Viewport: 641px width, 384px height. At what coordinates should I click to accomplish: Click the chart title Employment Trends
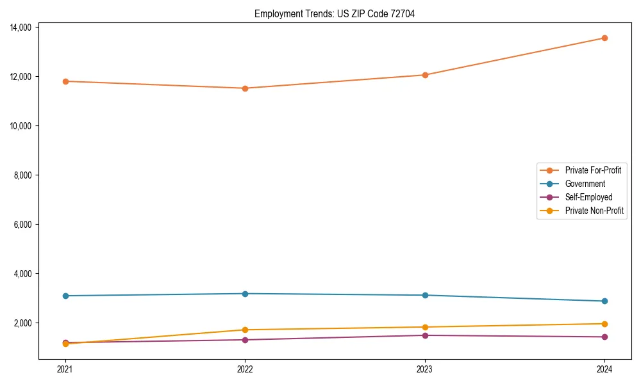pyautogui.click(x=334, y=13)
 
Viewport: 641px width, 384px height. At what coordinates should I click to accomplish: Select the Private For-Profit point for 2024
pyautogui.click(x=604, y=38)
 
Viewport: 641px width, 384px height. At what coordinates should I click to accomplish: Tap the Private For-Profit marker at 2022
pyautogui.click(x=245, y=88)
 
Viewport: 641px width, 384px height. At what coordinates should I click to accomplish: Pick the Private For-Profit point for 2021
pyautogui.click(x=65, y=81)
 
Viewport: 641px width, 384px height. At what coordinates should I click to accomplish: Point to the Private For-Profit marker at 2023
pyautogui.click(x=425, y=75)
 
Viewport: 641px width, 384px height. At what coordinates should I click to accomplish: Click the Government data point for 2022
pyautogui.click(x=245, y=294)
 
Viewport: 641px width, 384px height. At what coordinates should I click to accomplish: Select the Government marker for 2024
pyautogui.click(x=604, y=301)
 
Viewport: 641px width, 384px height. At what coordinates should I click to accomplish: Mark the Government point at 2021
pyautogui.click(x=65, y=296)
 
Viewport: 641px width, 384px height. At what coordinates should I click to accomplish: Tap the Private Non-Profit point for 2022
pyautogui.click(x=245, y=330)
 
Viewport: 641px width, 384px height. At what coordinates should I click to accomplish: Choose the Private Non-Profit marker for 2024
pyautogui.click(x=604, y=324)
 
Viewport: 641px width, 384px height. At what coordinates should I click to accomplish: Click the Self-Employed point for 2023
pyautogui.click(x=425, y=335)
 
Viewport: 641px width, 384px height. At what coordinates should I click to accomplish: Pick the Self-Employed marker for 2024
pyautogui.click(x=604, y=337)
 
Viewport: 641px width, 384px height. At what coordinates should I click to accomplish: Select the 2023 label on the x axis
pyautogui.click(x=425, y=369)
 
